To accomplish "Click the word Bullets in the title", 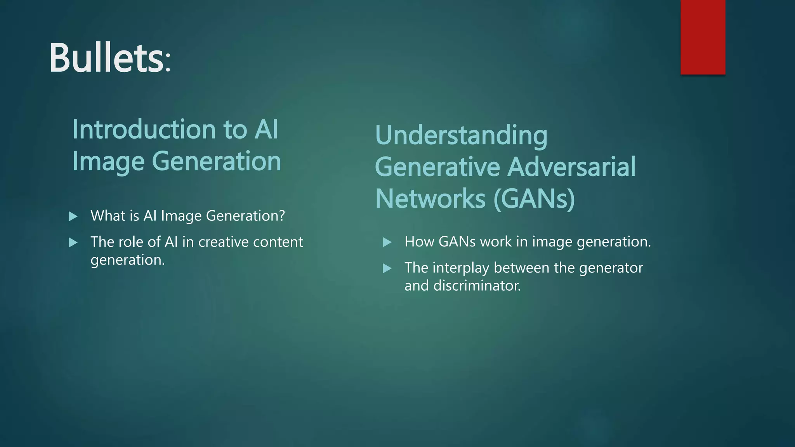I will click(106, 58).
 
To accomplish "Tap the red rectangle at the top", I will click(703, 37).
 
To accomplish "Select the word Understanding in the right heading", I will click(461, 136).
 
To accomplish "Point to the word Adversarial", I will click(571, 167).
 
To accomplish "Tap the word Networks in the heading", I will click(430, 199).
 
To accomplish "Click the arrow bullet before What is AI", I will click(73, 217).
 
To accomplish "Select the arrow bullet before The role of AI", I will click(73, 243).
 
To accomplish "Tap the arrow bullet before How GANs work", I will click(387, 243).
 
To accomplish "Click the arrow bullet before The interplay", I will click(387, 269).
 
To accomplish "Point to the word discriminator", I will click(477, 286).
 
